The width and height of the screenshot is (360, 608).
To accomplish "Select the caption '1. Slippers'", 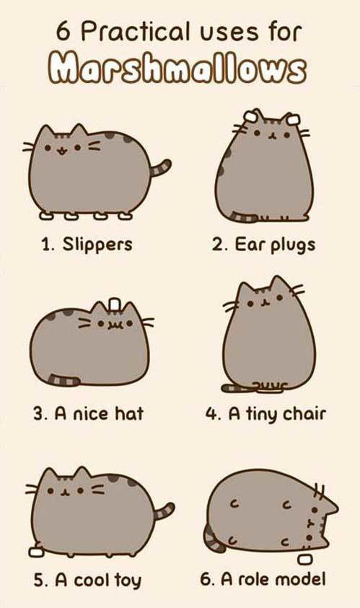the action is (x=87, y=244).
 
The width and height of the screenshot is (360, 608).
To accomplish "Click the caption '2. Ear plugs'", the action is (x=263, y=245).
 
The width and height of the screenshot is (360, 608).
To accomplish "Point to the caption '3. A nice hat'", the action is (x=88, y=413).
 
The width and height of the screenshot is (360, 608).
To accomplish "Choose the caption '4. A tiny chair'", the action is (x=265, y=414).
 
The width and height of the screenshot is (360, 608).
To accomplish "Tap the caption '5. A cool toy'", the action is (x=87, y=581).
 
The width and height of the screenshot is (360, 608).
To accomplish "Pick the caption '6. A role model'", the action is (x=263, y=579).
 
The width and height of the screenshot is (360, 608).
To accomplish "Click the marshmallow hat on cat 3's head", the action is (x=115, y=304).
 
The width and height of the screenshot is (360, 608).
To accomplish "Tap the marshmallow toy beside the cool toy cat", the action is (x=36, y=552).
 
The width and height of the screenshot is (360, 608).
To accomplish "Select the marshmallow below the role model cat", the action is (x=305, y=560).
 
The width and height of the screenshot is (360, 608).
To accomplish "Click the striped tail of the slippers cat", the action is (x=161, y=167).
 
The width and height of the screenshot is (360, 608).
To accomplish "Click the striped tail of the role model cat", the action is (x=214, y=538).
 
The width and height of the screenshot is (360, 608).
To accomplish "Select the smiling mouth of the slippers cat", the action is (x=61, y=150).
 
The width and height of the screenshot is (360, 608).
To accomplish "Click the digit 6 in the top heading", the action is (x=63, y=32).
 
